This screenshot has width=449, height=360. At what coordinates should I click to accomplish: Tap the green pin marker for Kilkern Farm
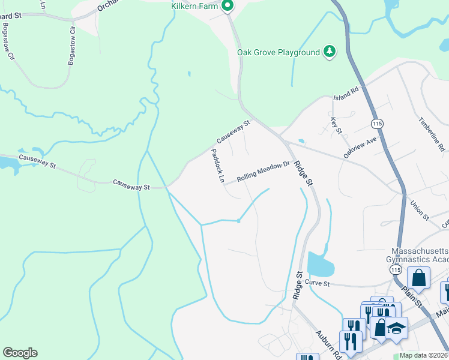pyautogui.click(x=228, y=7)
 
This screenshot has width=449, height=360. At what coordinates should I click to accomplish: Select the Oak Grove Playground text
pyautogui.click(x=278, y=52)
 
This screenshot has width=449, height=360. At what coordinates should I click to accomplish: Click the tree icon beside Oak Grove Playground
pyautogui.click(x=329, y=52)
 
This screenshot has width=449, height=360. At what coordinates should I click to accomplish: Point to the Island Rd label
pyautogui.click(x=346, y=93)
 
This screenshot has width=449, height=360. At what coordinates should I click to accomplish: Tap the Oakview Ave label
pyautogui.click(x=360, y=146)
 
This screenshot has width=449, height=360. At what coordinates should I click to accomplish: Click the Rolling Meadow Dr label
pyautogui.click(x=263, y=171)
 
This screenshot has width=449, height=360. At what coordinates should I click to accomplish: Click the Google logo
pyautogui.click(x=20, y=353)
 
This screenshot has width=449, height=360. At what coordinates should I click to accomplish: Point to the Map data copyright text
pyautogui.click(x=424, y=355)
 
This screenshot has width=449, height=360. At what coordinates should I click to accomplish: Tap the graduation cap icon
pyautogui.click(x=397, y=328)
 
